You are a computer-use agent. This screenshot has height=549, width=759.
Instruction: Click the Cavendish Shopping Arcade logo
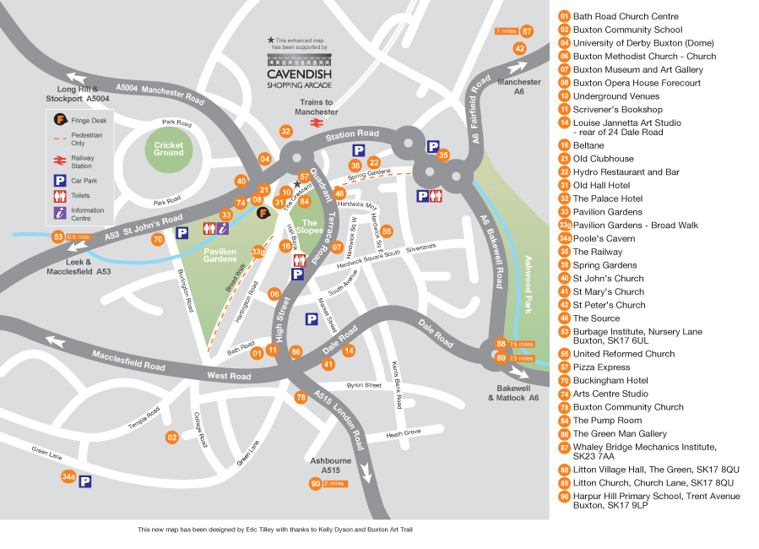(300, 70)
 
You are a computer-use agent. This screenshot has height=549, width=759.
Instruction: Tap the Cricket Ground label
(168, 148)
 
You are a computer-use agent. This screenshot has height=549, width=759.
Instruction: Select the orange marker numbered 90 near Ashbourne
(315, 483)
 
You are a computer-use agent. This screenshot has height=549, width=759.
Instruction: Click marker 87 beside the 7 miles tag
(528, 31)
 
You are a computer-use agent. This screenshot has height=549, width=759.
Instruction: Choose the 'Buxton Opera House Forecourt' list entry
(637, 83)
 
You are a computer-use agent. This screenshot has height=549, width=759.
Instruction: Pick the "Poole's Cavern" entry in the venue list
(602, 238)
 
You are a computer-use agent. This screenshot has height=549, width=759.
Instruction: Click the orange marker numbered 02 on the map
(172, 437)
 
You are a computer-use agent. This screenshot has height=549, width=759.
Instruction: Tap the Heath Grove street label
(404, 433)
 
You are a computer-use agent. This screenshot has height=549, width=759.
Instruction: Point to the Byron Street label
(365, 385)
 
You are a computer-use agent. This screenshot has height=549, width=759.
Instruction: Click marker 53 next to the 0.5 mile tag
(57, 237)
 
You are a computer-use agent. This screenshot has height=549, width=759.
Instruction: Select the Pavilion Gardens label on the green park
(220, 255)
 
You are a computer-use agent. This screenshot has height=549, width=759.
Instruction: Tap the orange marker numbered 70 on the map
(158, 239)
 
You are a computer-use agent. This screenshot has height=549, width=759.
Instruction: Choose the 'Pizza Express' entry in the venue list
(601, 367)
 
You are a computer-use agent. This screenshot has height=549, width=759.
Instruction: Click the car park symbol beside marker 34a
(85, 482)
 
